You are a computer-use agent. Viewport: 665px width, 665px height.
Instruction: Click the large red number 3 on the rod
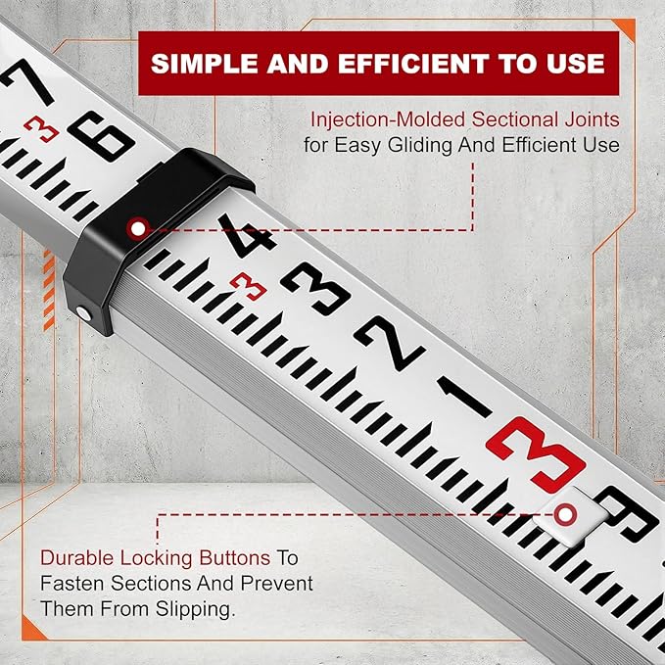[534, 453]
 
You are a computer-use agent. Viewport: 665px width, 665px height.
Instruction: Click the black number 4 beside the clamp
[245, 239]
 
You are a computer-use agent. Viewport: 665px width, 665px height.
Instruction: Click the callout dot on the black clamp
[137, 227]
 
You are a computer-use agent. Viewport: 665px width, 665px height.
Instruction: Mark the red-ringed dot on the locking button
[564, 513]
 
